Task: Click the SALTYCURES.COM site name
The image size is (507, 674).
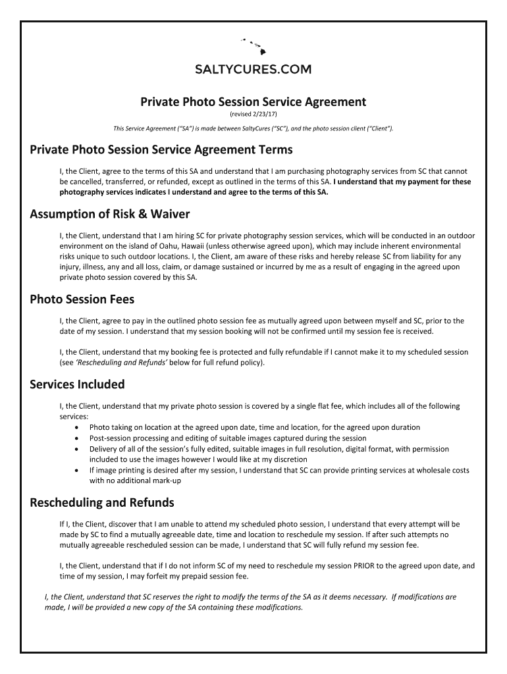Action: (x=254, y=69)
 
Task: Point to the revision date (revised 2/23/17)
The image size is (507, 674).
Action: (x=254, y=115)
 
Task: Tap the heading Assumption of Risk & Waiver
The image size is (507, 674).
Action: (x=110, y=214)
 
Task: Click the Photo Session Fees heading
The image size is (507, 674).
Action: (x=82, y=299)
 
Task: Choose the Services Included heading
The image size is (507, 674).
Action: (x=78, y=384)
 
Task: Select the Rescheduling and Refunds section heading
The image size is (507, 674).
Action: (x=102, y=503)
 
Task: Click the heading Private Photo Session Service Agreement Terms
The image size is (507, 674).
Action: (x=161, y=149)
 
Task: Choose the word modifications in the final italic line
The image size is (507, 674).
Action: (x=419, y=597)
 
